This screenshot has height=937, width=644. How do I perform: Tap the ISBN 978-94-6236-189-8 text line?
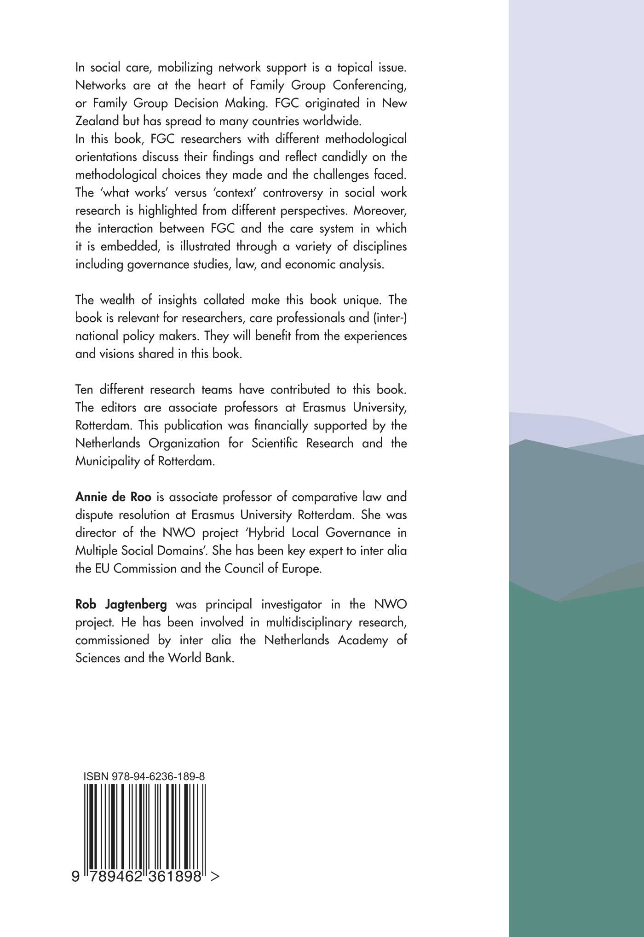pyautogui.click(x=144, y=776)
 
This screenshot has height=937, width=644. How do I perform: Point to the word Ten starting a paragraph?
pyautogui.click(x=84, y=389)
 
